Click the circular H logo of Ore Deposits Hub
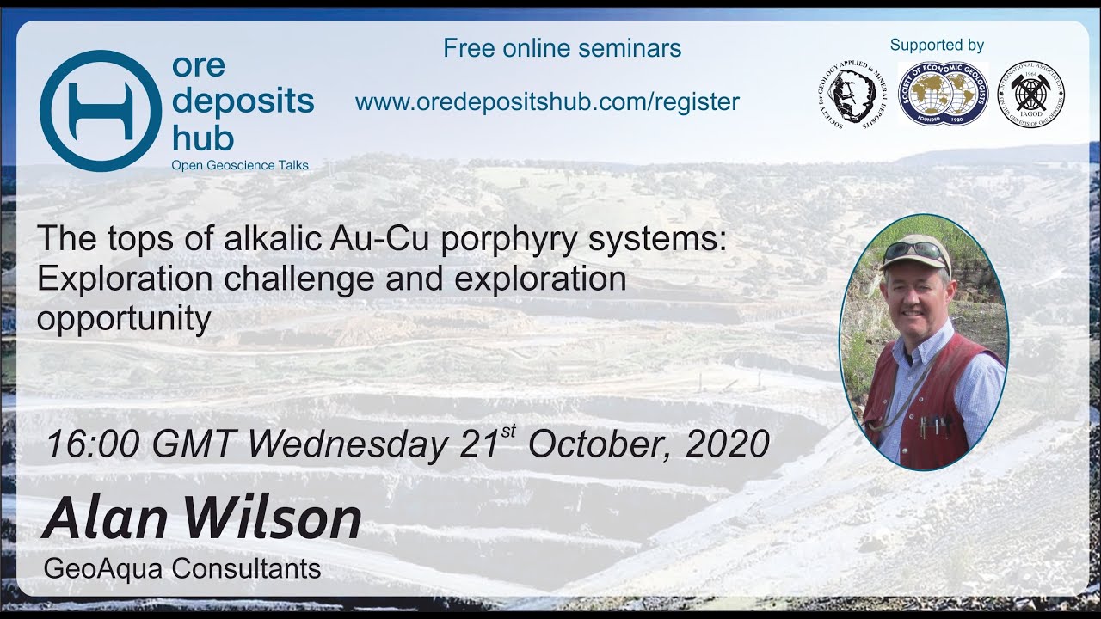tap(100, 110)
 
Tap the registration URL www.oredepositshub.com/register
tap(547, 102)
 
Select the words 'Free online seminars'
tap(562, 48)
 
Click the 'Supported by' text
tap(937, 46)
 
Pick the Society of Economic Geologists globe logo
tap(943, 94)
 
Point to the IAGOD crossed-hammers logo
tap(1030, 95)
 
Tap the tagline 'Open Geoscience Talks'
tap(239, 165)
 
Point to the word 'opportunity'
tap(123, 319)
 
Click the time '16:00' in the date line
tap(91, 444)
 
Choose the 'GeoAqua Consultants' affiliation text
tap(181, 568)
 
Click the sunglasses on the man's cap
tap(915, 250)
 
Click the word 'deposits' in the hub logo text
tap(243, 101)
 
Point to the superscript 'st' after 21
tap(508, 431)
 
